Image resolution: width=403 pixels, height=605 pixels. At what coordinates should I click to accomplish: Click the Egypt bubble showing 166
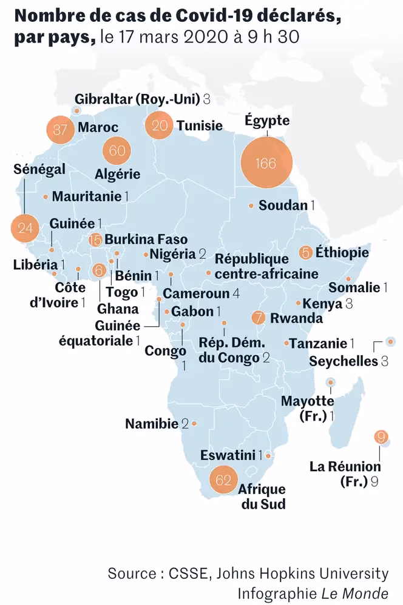pyautogui.click(x=266, y=163)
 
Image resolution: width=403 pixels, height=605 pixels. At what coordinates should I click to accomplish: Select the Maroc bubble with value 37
pyautogui.click(x=59, y=129)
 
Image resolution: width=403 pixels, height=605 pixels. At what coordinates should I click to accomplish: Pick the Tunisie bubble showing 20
pyautogui.click(x=160, y=125)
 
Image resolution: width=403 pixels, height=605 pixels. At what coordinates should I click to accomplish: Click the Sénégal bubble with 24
pyautogui.click(x=25, y=229)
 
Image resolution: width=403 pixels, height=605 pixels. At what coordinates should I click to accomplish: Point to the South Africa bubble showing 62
pyautogui.click(x=224, y=481)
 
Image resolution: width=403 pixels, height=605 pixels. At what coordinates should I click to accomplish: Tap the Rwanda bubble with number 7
pyautogui.click(x=259, y=318)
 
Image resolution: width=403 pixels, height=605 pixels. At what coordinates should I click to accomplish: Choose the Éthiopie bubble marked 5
pyautogui.click(x=306, y=252)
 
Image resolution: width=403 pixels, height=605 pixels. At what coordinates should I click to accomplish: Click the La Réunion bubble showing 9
pyautogui.click(x=381, y=436)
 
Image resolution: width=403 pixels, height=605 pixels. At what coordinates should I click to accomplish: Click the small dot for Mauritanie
pyautogui.click(x=46, y=196)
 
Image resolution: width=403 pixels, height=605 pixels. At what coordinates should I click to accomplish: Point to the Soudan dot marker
pyautogui.click(x=251, y=206)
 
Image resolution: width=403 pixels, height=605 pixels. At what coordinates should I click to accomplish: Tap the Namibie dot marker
pyautogui.click(x=194, y=424)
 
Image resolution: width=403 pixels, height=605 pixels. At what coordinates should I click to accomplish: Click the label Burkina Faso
pyautogui.click(x=146, y=239)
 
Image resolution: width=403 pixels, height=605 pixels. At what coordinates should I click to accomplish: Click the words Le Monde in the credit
pyautogui.click(x=364, y=591)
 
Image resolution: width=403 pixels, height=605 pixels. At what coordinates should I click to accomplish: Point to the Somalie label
pyautogui.click(x=355, y=287)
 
